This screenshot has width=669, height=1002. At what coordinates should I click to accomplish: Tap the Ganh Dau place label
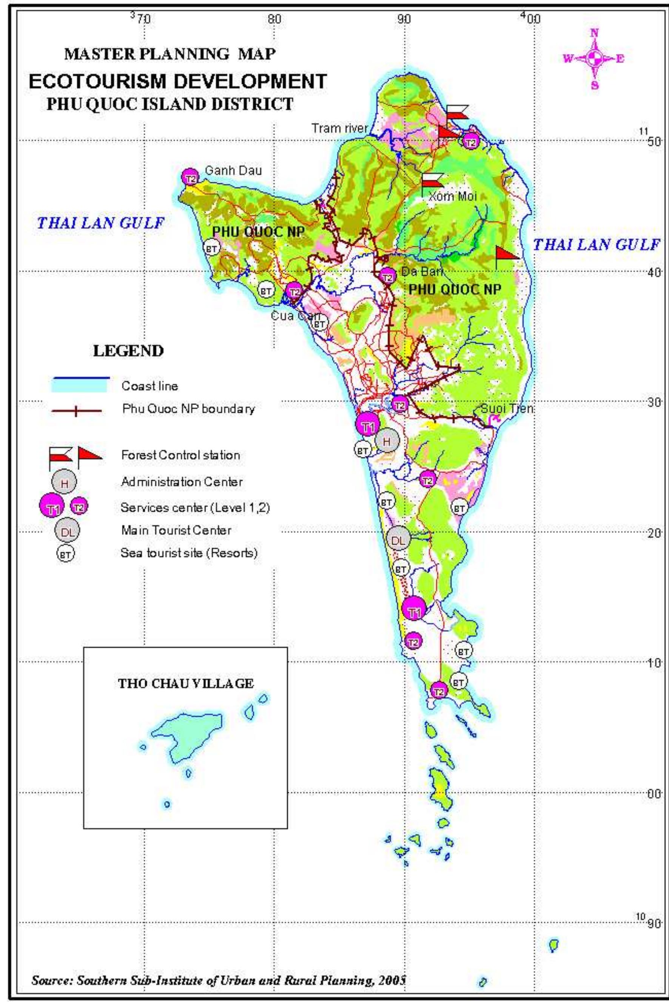(x=233, y=171)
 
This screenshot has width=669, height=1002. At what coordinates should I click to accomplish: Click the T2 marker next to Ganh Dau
(x=190, y=177)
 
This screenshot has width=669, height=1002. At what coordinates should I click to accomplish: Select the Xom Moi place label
(x=452, y=196)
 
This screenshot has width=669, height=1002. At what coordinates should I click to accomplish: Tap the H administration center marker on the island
(x=387, y=441)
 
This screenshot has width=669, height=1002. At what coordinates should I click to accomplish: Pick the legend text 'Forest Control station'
(x=180, y=455)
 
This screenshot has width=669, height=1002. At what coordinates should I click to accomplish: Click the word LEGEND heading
(x=128, y=351)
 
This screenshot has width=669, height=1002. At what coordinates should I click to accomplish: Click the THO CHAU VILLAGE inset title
(x=186, y=683)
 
